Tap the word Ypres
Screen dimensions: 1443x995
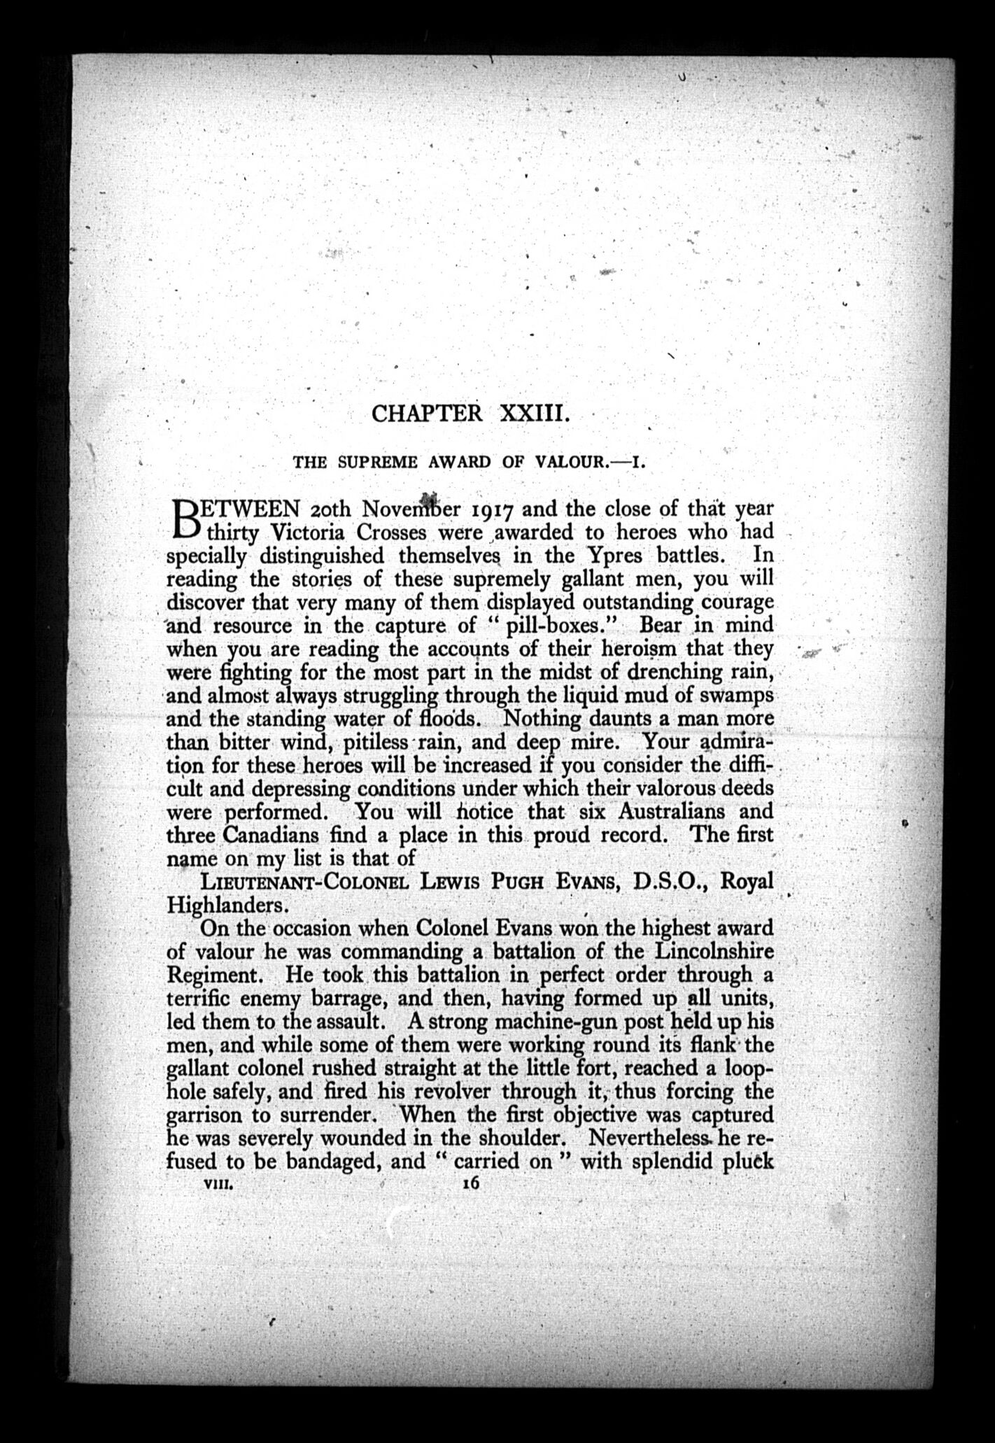(608, 556)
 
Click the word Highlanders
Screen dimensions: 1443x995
(225, 905)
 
